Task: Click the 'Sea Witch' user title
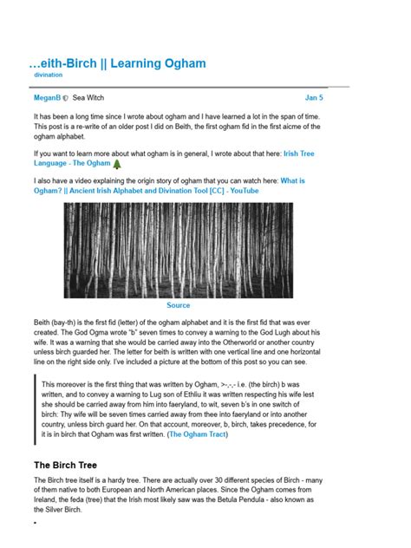click(x=88, y=99)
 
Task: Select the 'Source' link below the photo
click(x=179, y=305)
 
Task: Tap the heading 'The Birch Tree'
click(x=68, y=465)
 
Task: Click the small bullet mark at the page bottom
click(x=35, y=524)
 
